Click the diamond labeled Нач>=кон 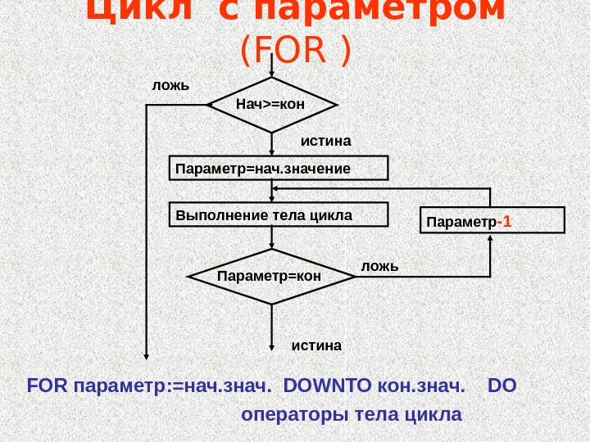(273, 105)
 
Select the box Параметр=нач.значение (277, 168)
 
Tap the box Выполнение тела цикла (277, 214)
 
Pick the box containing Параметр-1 (492, 220)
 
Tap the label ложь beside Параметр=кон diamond (379, 266)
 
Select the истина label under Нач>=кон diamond (326, 141)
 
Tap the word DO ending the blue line (501, 385)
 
